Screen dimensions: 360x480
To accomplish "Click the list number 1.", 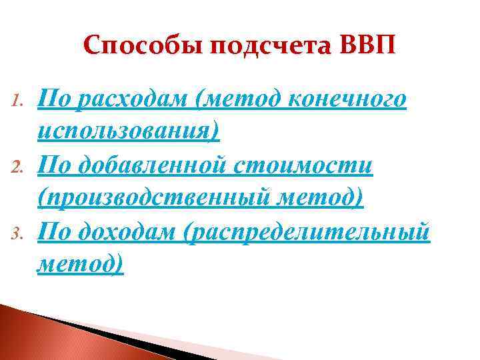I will (x=19, y=101).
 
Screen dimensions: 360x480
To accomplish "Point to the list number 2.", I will (x=19, y=166).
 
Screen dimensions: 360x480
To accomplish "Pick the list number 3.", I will (x=19, y=231).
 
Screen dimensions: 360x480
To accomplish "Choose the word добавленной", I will (x=159, y=165).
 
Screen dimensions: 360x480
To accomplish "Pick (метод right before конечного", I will (x=235, y=100).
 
